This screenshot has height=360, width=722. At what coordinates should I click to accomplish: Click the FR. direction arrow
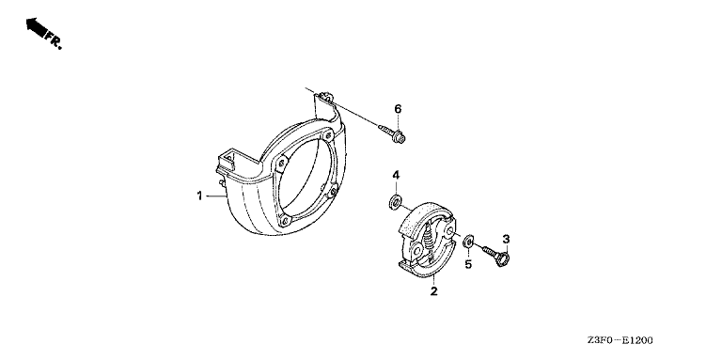click(37, 27)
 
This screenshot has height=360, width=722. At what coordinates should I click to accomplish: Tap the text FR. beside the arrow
click(54, 41)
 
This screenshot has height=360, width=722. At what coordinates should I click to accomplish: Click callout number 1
click(199, 196)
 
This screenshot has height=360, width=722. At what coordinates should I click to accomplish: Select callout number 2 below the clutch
click(433, 291)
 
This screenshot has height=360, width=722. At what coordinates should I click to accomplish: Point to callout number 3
click(506, 239)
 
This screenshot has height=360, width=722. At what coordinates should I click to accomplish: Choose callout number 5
click(468, 265)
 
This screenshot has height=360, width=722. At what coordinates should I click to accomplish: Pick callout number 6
click(398, 109)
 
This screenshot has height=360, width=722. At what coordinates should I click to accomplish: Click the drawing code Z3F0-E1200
click(620, 341)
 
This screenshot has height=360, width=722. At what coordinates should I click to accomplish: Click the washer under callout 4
click(395, 202)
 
